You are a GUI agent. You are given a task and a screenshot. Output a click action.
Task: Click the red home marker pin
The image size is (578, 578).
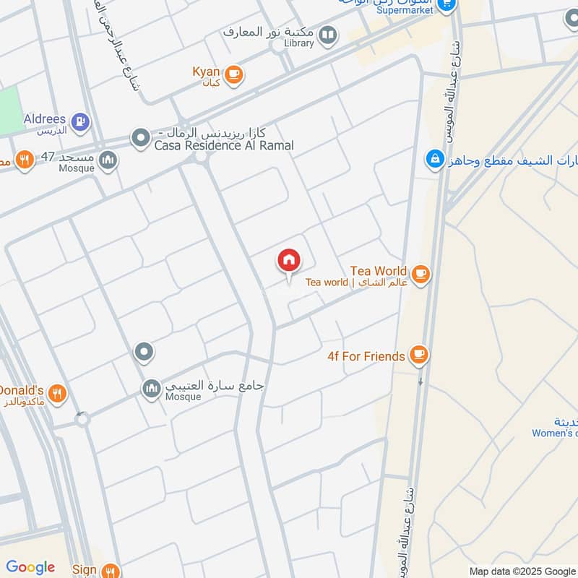point(289,261)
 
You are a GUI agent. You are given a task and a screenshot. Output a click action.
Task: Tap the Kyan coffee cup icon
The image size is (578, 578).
point(233,74)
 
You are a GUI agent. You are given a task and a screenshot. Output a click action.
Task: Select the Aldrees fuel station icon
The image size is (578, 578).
point(80,121)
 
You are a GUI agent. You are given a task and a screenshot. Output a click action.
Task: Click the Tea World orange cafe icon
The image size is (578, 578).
point(421,275)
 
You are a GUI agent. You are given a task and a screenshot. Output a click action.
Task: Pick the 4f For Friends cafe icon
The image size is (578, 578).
point(418,355)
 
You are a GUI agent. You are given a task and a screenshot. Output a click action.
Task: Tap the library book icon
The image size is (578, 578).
point(328,35)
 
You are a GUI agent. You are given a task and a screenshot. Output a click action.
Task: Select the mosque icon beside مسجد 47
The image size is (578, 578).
point(108,160)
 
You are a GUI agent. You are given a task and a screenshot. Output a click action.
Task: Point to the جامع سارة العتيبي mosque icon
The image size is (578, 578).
point(152,389)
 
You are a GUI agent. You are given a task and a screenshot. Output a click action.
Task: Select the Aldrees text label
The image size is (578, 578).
point(44,119)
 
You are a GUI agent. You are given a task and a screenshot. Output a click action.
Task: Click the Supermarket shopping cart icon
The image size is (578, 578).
point(447,6)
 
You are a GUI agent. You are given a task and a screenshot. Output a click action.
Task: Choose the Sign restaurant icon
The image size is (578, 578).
point(109,570)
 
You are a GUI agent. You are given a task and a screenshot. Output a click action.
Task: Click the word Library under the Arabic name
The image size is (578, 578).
point(298,43)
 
